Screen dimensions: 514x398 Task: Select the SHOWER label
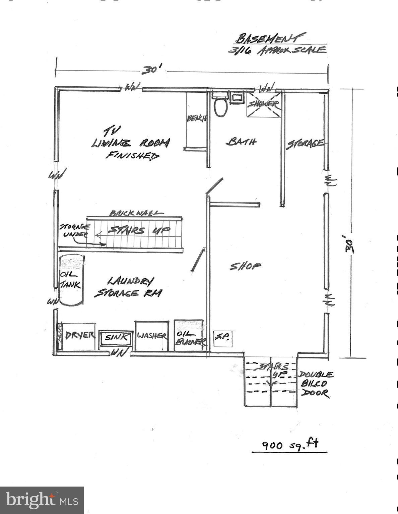[264, 104]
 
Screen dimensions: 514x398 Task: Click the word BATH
[241, 142]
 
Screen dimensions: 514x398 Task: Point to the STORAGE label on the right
[305, 144]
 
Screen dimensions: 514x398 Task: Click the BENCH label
[197, 118]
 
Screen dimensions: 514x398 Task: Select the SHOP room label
[245, 266]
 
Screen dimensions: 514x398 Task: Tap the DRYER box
[79, 336]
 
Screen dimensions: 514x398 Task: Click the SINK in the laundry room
[116, 337]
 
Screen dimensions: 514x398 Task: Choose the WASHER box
[152, 336]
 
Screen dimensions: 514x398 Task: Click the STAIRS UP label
[139, 231]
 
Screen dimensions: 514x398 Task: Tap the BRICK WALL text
[136, 213]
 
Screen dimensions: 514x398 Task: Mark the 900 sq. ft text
[290, 444]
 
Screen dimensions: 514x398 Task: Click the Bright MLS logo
[42, 500]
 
